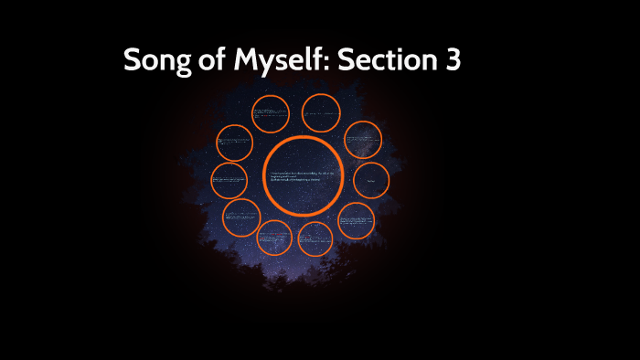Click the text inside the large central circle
pos(302,176)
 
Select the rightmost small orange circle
pos(371,181)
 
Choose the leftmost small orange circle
pos(229,181)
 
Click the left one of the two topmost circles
pos(271,112)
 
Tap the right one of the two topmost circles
pos(321,112)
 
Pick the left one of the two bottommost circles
pos(274,238)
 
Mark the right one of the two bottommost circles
pos(315,238)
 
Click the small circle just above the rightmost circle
pos(362,140)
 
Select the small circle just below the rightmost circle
pos(357,221)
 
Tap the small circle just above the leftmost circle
pos(235,143)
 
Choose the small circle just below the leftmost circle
pos(241,217)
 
